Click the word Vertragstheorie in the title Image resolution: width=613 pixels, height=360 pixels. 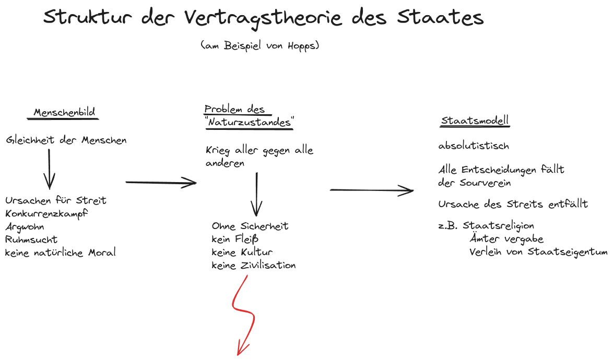[263, 18]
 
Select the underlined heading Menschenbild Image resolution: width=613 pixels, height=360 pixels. [64, 113]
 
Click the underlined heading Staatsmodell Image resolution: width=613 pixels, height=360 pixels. [475, 120]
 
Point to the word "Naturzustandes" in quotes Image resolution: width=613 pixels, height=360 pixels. [249, 122]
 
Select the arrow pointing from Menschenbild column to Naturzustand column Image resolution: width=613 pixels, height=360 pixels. [161, 182]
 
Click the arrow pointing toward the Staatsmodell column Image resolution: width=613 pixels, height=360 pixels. [372, 190]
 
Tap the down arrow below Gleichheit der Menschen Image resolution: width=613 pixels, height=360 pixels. [49, 169]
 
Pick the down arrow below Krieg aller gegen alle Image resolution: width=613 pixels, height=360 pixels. [256, 195]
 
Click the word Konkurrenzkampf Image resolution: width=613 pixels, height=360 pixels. [46, 214]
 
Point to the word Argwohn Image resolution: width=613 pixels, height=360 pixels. [24, 227]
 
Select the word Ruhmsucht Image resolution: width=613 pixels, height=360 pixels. [31, 239]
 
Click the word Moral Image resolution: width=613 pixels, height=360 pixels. [102, 253]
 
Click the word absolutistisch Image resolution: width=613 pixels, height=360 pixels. [474, 146]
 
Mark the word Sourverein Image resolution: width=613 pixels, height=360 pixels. [485, 183]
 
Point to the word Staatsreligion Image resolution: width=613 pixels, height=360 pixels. [499, 226]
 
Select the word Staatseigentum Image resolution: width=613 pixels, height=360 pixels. [568, 252]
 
